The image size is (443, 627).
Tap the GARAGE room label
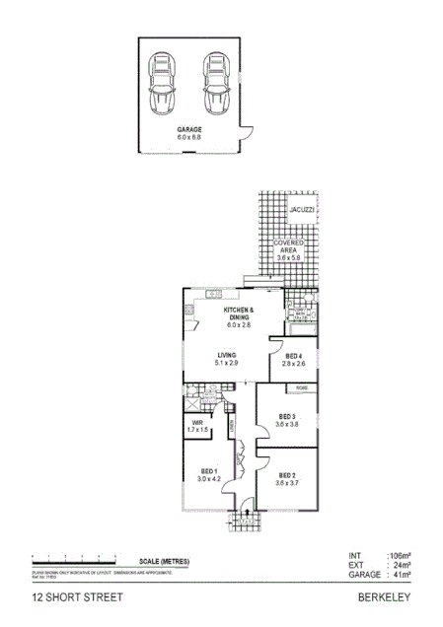189,130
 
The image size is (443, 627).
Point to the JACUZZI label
302,212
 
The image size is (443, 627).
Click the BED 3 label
287,415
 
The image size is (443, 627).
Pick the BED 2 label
287,475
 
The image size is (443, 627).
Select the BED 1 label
208,470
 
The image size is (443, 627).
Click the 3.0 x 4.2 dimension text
208,478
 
